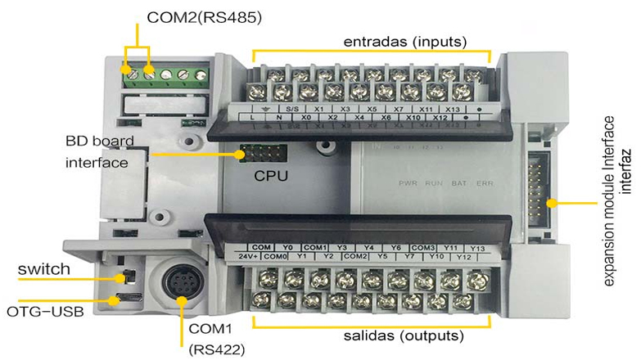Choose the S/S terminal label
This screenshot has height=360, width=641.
(292, 107)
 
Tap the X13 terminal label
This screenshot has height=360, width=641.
(453, 107)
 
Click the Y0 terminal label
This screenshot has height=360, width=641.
(287, 246)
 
